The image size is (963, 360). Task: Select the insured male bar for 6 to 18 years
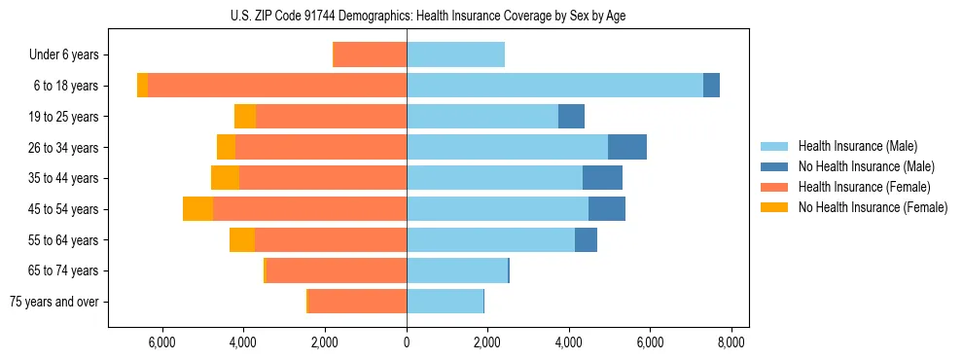554,86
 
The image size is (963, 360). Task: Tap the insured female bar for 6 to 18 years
277,86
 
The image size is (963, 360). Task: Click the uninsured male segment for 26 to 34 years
627,147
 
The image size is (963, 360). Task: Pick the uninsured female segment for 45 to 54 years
197,208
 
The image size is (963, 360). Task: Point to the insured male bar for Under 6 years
455,55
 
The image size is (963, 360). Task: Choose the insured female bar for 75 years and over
357,301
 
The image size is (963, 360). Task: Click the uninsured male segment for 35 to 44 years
602,178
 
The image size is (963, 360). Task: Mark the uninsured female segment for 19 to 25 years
245,117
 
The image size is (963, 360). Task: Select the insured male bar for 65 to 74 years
457,270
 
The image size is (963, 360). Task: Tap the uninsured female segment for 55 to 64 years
242,239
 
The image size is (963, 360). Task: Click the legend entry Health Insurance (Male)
856,146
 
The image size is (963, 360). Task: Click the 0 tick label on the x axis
407,342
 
